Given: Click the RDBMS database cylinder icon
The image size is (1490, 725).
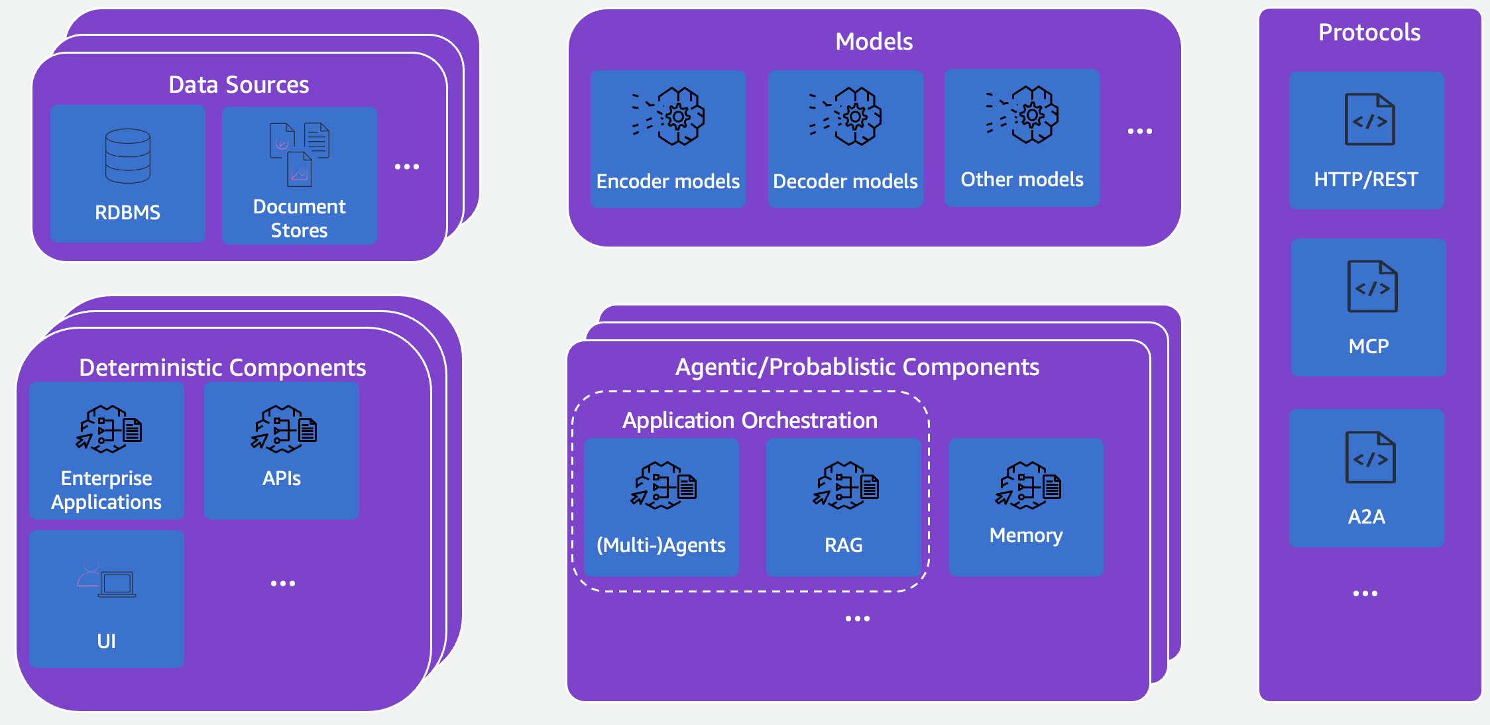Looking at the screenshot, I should coord(127,156).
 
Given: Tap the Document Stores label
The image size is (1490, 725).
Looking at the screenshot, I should coord(299,218).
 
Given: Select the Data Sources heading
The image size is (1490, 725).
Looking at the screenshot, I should coord(239,85).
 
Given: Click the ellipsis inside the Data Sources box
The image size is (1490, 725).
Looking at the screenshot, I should coord(406,166).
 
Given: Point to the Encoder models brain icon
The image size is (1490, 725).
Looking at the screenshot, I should coord(669,116).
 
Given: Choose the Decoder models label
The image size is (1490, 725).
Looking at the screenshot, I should coord(845,181).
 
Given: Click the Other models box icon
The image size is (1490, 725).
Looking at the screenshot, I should coord(1023,115).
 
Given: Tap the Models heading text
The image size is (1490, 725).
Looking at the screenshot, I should coord(874,42).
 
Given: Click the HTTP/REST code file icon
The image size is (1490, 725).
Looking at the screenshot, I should coord(1369,119).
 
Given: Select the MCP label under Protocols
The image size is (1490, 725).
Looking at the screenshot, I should coord(1368,346).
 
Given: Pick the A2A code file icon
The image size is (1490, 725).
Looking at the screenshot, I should coord(1370,457).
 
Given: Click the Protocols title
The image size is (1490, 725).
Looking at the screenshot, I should coord(1369,32).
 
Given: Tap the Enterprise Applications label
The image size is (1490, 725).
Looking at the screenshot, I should coord(106,490).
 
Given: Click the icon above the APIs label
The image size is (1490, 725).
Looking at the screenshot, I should coord(284,429).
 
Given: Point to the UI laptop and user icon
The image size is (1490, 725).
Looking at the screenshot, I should coord(107,580).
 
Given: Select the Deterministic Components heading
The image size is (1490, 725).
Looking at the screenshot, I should coord(222,367).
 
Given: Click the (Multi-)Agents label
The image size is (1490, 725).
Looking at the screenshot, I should coord(661,545).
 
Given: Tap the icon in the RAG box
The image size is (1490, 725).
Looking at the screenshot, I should coord(846,486).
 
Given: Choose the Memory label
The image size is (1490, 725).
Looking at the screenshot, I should coord(1025,535).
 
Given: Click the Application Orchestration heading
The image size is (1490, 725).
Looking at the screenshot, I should coord(750,420).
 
